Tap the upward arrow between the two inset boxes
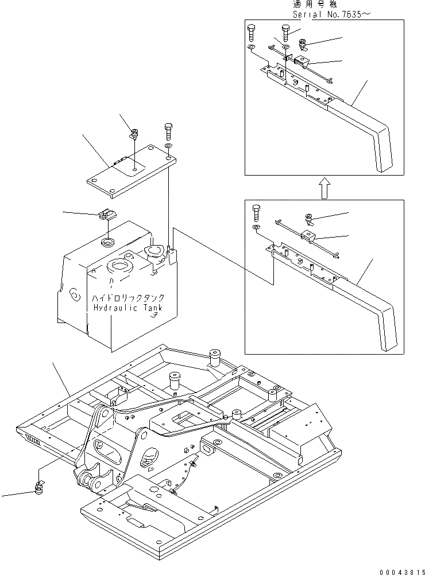coord(324,188)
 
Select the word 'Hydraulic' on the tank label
coord(112,308)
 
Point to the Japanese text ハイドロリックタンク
coord(127,298)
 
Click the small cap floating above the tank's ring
coord(107,215)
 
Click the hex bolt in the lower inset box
coord(256,212)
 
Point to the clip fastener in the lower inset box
coord(309,219)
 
